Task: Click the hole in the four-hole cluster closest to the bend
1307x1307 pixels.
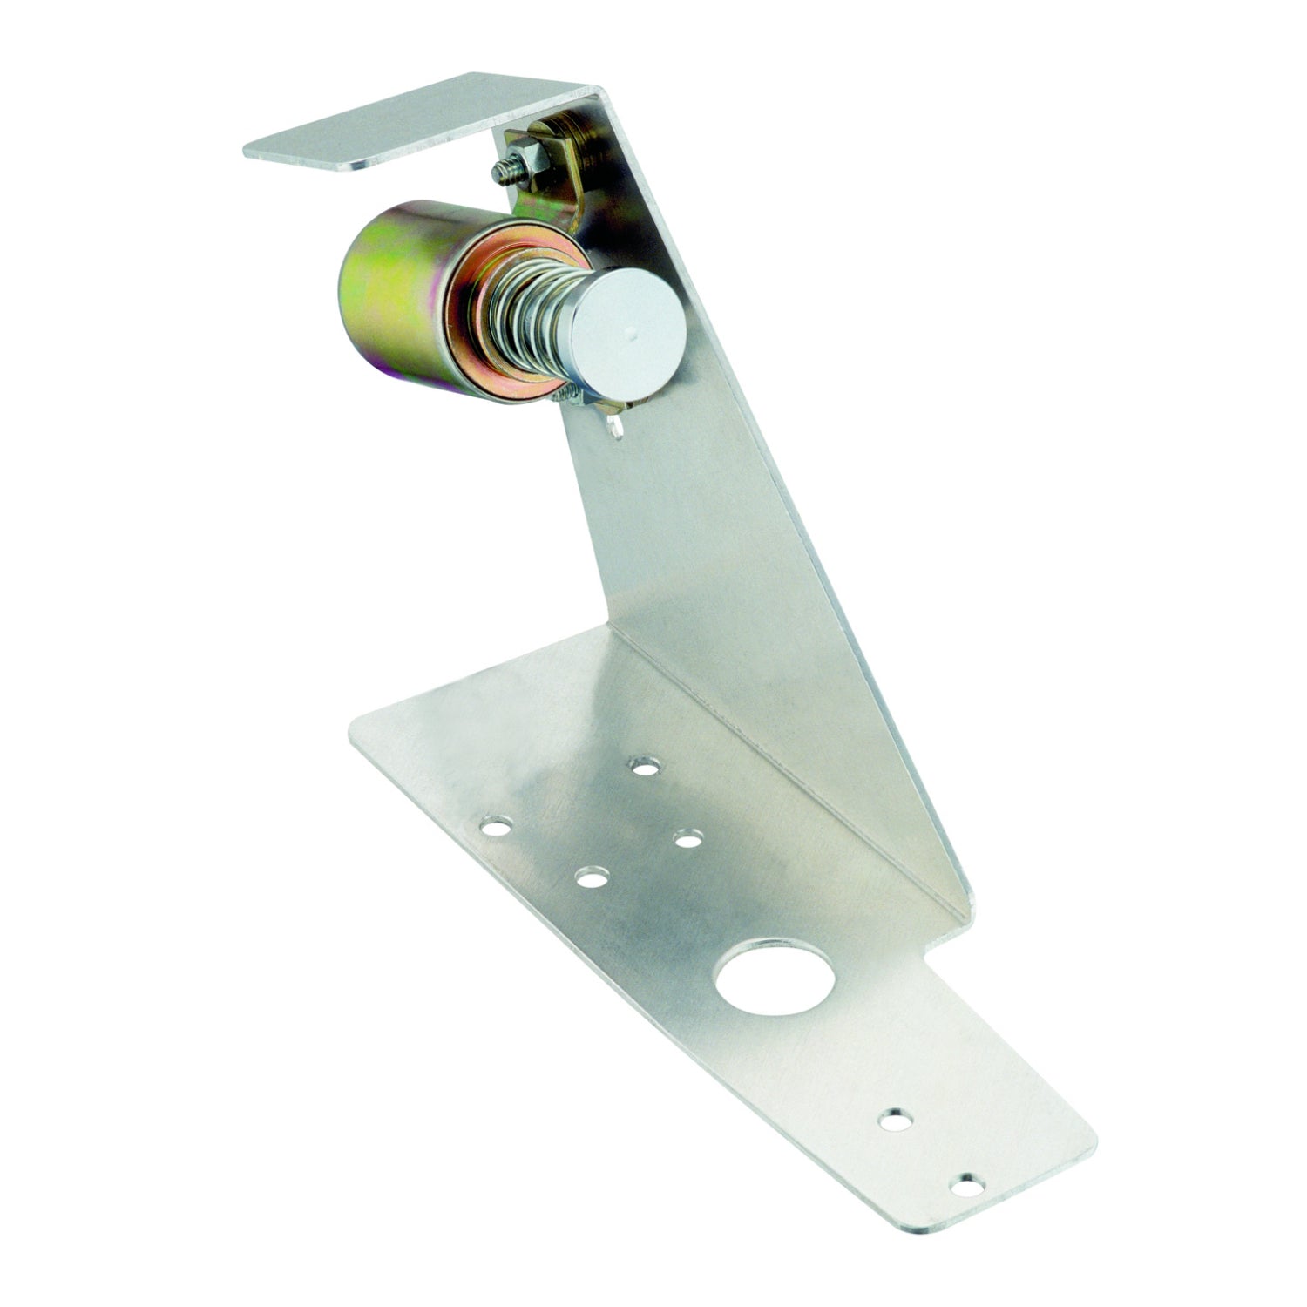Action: [646, 768]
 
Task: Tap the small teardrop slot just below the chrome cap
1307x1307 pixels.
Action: [616, 424]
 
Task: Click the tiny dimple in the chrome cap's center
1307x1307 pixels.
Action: [632, 332]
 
